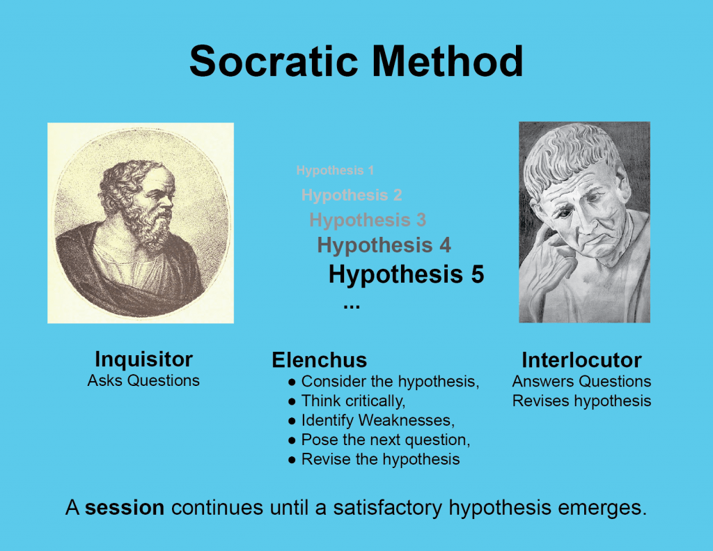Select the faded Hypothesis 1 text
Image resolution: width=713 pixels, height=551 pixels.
click(x=335, y=171)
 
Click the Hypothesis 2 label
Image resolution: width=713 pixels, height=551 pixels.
click(x=352, y=195)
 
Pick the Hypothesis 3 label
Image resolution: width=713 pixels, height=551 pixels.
click(x=368, y=220)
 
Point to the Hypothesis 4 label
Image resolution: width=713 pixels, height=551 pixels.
click(x=384, y=245)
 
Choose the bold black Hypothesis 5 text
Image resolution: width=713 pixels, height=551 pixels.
click(x=406, y=274)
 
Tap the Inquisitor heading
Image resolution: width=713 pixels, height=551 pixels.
click(x=143, y=359)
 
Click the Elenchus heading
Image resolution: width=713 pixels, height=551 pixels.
click(x=319, y=360)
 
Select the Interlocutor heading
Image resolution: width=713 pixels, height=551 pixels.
click(x=581, y=360)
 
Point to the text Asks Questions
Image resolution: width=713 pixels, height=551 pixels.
click(x=143, y=380)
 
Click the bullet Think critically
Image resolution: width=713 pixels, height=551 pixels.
click(x=353, y=401)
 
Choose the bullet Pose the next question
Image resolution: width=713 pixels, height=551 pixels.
click(x=385, y=440)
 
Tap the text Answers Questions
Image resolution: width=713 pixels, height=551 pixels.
click(x=581, y=382)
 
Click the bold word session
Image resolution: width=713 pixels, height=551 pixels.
click(x=125, y=507)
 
